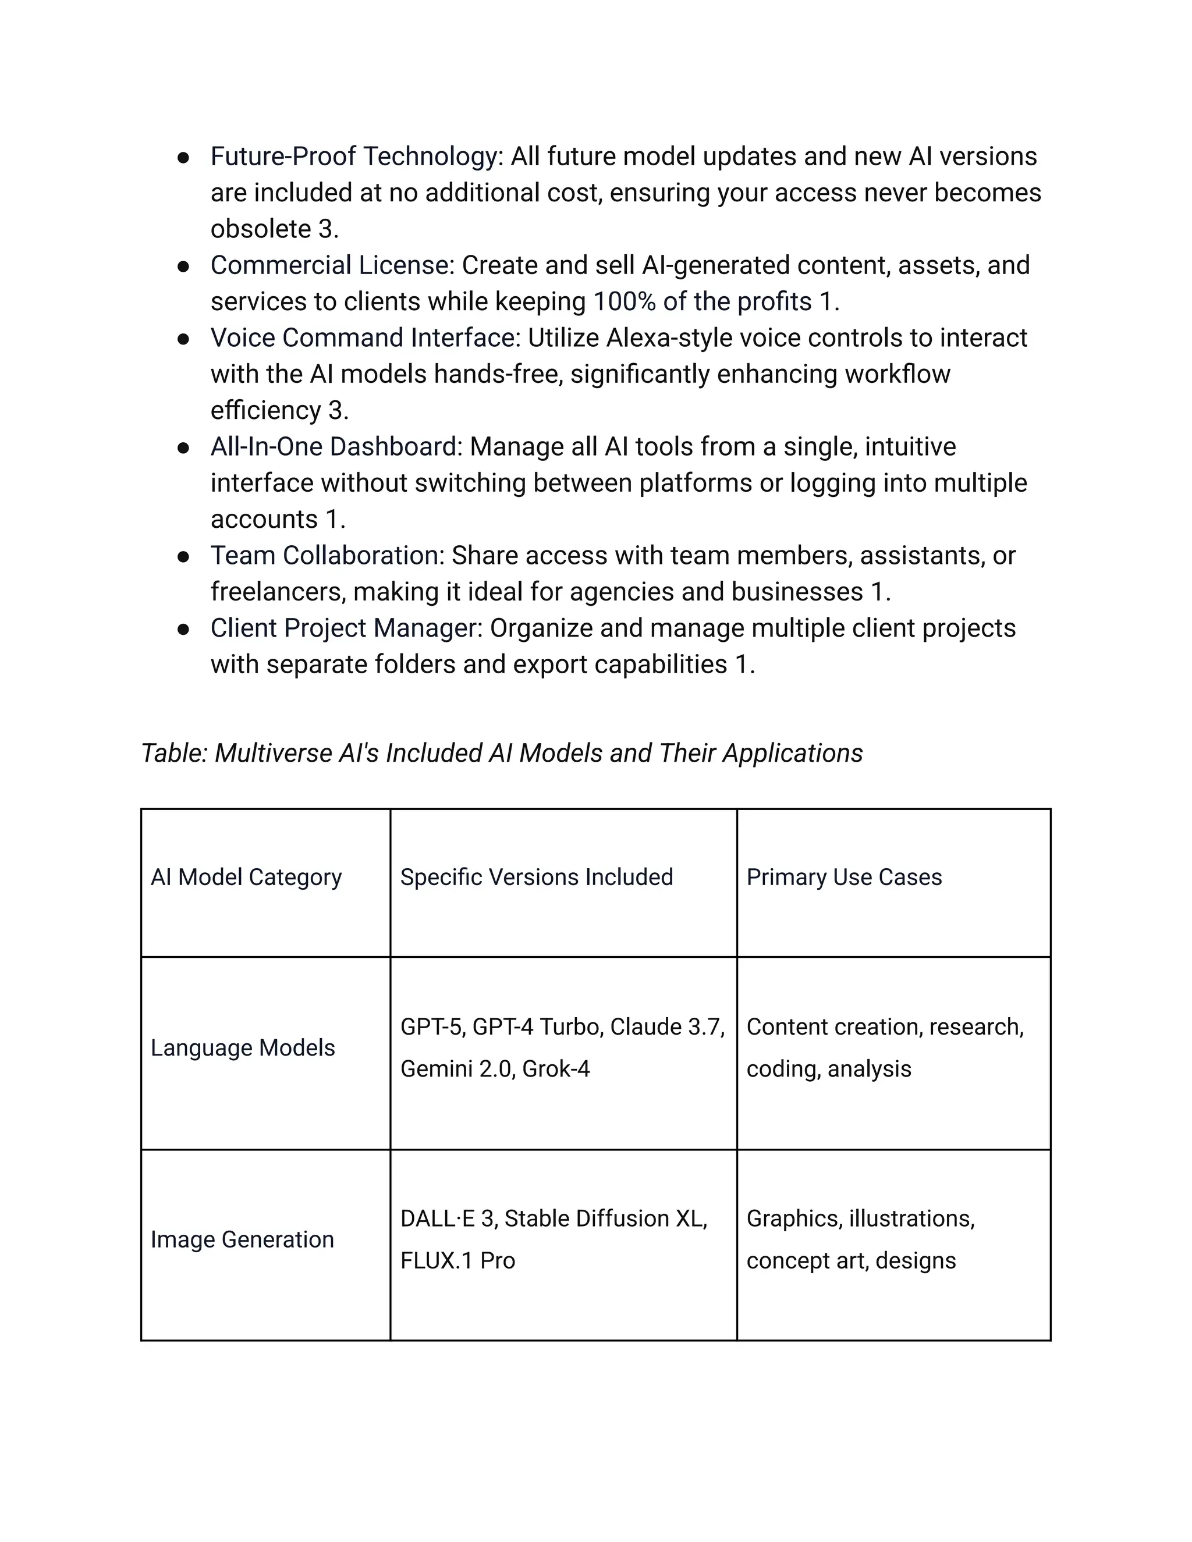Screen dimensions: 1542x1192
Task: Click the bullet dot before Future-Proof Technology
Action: pos(183,158)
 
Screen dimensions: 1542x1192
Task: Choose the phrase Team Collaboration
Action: pos(328,556)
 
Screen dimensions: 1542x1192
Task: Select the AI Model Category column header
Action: pos(246,877)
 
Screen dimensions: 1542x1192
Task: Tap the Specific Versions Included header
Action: pos(536,877)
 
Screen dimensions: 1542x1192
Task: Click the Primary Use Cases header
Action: pos(844,877)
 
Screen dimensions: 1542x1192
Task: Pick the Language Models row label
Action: pos(242,1048)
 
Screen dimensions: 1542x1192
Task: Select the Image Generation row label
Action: pos(242,1240)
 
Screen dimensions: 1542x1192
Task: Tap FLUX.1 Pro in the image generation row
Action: pos(457,1261)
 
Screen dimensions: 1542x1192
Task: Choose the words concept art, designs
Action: pos(851,1261)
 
